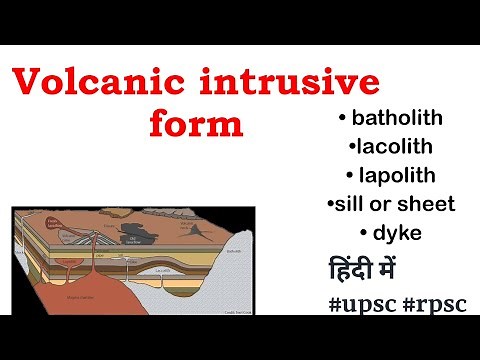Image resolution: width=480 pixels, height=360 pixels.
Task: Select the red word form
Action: (x=196, y=127)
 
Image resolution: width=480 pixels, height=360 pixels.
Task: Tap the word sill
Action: (x=351, y=204)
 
